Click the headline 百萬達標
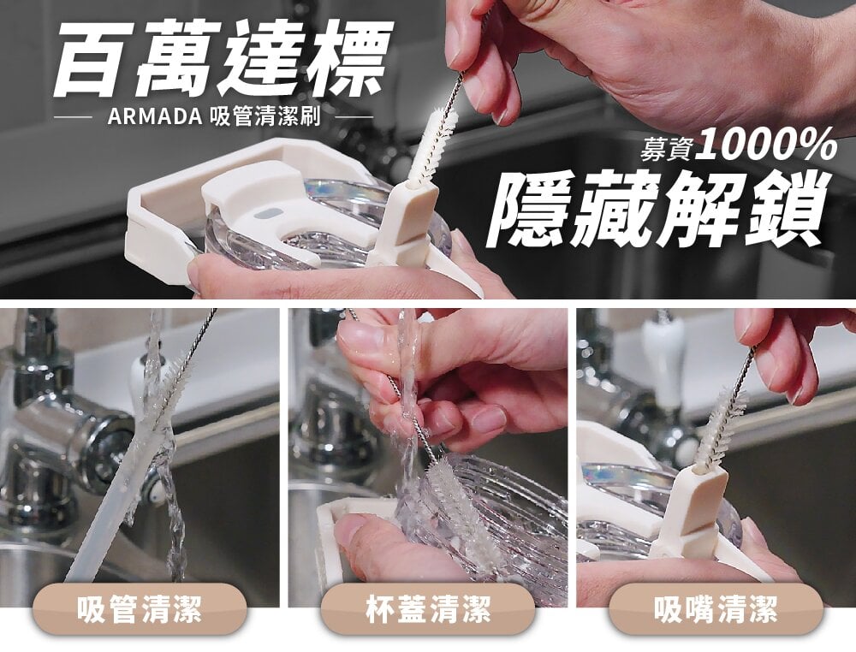pyautogui.click(x=223, y=58)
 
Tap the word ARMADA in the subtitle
pyautogui.click(x=155, y=116)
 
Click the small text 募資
pyautogui.click(x=669, y=148)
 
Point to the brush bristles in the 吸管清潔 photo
pyautogui.click(x=169, y=388)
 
